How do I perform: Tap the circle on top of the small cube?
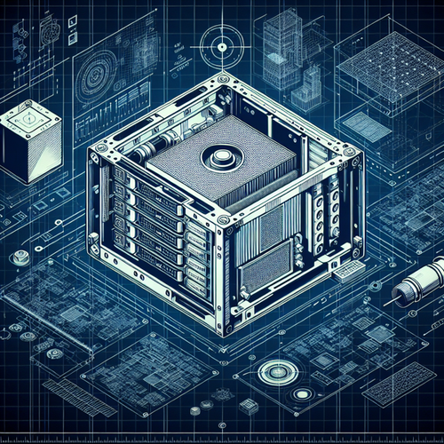click(x=28, y=115)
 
